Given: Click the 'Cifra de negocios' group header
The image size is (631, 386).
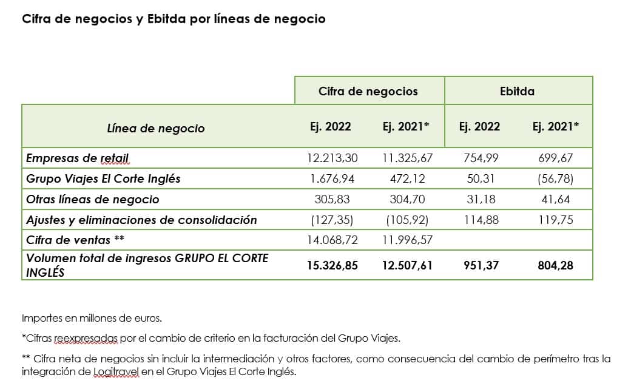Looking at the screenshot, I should coord(368,91).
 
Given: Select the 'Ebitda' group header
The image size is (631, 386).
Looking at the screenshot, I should coord(518,91).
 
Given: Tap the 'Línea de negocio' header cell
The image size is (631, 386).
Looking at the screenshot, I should coord(156,128).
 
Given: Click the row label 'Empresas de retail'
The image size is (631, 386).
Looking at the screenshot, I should coord(77,158).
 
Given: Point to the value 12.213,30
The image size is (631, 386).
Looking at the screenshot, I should coord(332,158).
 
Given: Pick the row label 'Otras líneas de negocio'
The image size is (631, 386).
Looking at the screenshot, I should coord(92,199).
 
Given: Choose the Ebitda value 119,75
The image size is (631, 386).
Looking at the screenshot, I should coord(556,220).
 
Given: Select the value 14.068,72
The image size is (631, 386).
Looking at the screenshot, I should coord(332,240).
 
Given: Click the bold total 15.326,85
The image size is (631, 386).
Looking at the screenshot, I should coord(332,265).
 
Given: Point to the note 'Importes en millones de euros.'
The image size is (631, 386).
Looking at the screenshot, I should coord(92,317).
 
